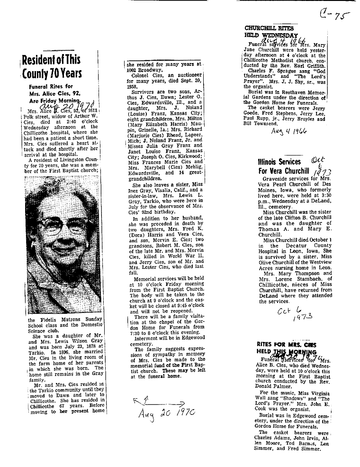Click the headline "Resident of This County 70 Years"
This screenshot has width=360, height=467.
[52, 66]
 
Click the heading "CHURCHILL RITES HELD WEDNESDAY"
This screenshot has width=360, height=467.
[271, 31]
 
